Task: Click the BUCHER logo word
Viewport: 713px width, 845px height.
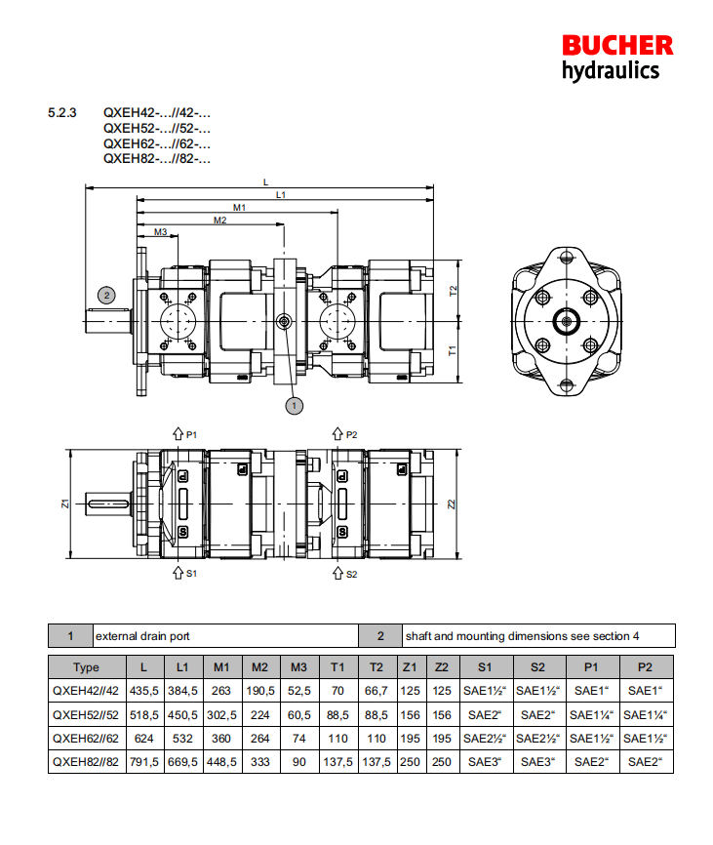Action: pos(616,45)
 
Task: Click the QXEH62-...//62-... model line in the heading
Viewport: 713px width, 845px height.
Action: pos(157,142)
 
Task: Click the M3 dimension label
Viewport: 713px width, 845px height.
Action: pos(160,232)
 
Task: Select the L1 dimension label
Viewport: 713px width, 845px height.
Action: pos(281,195)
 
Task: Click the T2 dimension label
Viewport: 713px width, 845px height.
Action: pos(453,291)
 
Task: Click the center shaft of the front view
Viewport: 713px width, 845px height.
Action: pos(566,319)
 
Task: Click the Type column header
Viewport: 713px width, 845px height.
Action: pos(87,667)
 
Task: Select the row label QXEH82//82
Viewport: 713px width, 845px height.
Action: pos(87,761)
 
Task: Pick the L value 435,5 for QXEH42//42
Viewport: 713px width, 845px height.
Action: pos(144,691)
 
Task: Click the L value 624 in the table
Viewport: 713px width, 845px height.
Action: pos(144,738)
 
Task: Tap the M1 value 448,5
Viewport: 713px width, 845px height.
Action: pos(221,761)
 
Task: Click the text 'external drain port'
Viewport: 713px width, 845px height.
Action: pos(142,636)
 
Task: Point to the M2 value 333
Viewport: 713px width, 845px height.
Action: pos(259,761)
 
